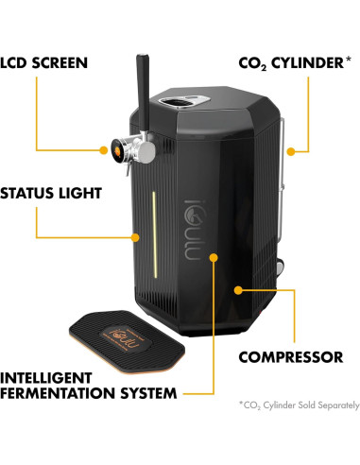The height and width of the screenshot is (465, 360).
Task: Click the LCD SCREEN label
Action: tap(44, 63)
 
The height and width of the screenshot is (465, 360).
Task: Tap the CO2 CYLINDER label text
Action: tap(294, 63)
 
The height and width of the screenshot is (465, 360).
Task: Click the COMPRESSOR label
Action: tap(290, 357)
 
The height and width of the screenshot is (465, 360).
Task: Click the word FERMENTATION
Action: tap(56, 391)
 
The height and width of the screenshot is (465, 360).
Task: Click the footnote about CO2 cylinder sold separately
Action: tap(299, 405)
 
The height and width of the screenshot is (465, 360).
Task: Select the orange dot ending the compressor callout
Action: tap(240, 284)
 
